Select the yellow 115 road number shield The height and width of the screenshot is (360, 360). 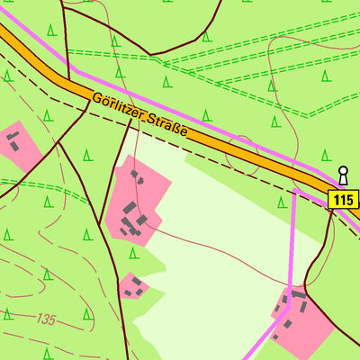tap(344, 199)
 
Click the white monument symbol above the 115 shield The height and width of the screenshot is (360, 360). tap(342, 174)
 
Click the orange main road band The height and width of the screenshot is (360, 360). tap(234, 148)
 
